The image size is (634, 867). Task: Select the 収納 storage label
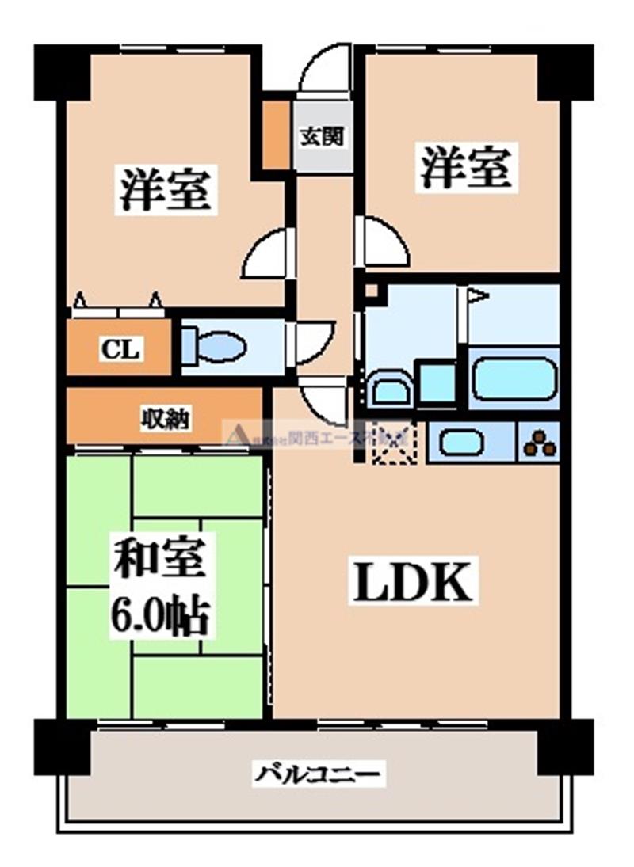pos(166,418)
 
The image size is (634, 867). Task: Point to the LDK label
pos(412,584)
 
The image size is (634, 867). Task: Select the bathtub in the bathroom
pos(514,378)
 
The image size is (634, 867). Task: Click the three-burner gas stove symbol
pos(540,443)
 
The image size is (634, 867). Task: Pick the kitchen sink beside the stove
pos(461,442)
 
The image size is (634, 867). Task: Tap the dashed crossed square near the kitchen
pos(394,443)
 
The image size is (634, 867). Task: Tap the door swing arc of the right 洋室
pos(385,244)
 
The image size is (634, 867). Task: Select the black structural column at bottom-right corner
pos(565,747)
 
